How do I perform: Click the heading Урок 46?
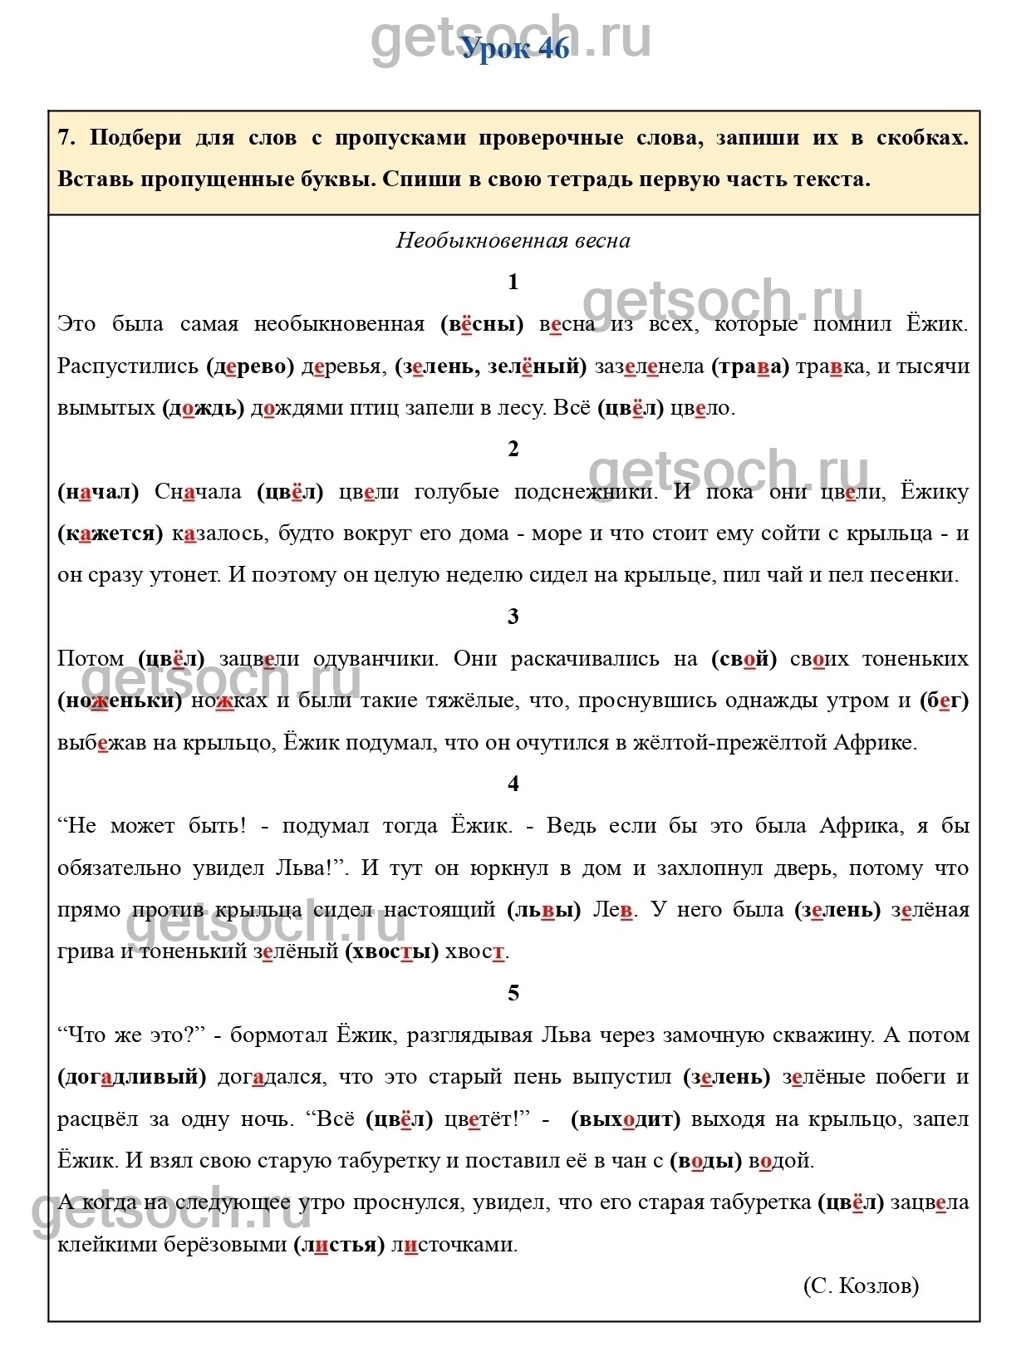click(515, 48)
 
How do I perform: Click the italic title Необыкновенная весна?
click(513, 241)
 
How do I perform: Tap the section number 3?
click(513, 617)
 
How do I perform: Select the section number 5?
click(513, 993)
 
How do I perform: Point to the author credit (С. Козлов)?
click(861, 1286)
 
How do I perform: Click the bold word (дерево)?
click(250, 366)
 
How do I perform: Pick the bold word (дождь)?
click(204, 408)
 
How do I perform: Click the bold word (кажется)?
click(110, 533)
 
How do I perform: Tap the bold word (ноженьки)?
click(120, 701)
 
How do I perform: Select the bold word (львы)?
click(544, 910)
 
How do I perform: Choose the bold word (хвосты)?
click(392, 951)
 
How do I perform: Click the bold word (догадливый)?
click(132, 1077)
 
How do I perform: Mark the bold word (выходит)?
click(626, 1119)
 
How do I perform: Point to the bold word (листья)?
click(339, 1245)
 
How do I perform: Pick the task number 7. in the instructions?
click(66, 138)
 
